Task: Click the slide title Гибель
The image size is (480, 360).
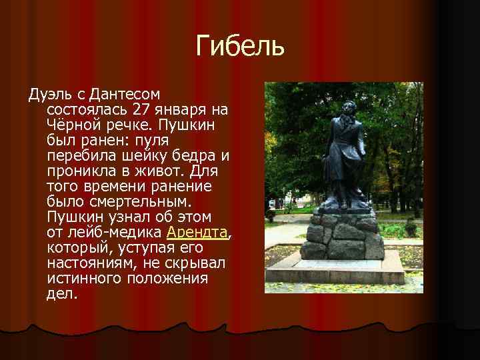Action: click(x=240, y=46)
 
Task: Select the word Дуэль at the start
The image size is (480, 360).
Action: click(x=47, y=93)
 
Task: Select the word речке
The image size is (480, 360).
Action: click(x=129, y=125)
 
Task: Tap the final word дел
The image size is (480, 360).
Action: click(x=61, y=294)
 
